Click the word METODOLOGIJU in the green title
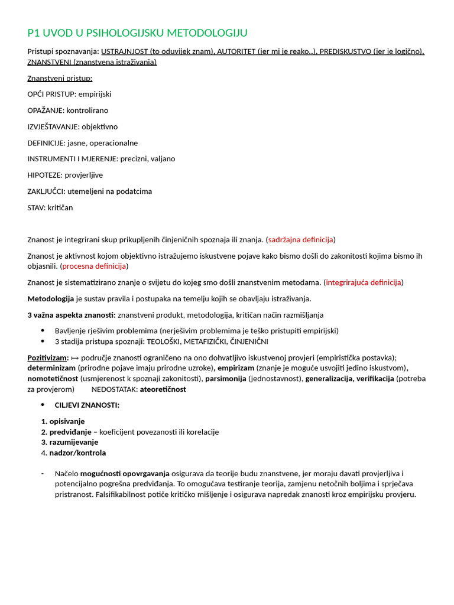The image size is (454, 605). coord(207,32)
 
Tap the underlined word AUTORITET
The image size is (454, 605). coord(236,51)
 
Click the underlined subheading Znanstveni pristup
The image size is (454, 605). coord(60,78)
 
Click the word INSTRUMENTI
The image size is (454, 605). coord(51,159)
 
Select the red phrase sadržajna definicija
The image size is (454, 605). coord(300,239)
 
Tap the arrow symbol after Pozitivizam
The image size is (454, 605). coord(74,357)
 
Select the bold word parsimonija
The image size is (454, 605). coord(226,379)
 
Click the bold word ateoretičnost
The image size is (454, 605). coord(163,389)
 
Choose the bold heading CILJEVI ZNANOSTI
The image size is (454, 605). coord(87,405)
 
